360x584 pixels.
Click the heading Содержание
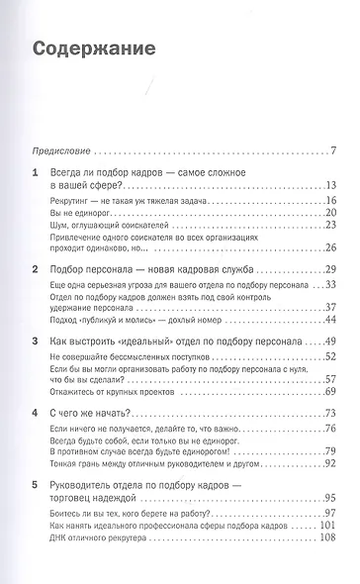(x=97, y=49)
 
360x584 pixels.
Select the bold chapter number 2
(x=36, y=269)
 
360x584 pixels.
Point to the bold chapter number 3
(x=36, y=340)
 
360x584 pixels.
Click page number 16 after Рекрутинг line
(x=330, y=201)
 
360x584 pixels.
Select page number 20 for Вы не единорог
(x=330, y=214)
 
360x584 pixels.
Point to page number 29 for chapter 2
(x=330, y=269)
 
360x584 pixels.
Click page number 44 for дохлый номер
(x=330, y=320)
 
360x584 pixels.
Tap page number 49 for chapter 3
(x=330, y=340)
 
